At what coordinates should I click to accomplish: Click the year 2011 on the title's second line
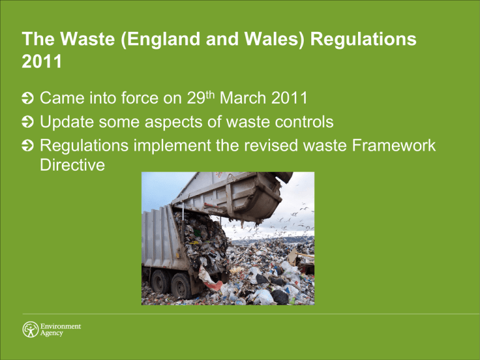[x=39, y=62]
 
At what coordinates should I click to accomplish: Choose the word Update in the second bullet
[x=67, y=121]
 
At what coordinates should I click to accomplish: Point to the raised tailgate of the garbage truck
[x=234, y=194]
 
